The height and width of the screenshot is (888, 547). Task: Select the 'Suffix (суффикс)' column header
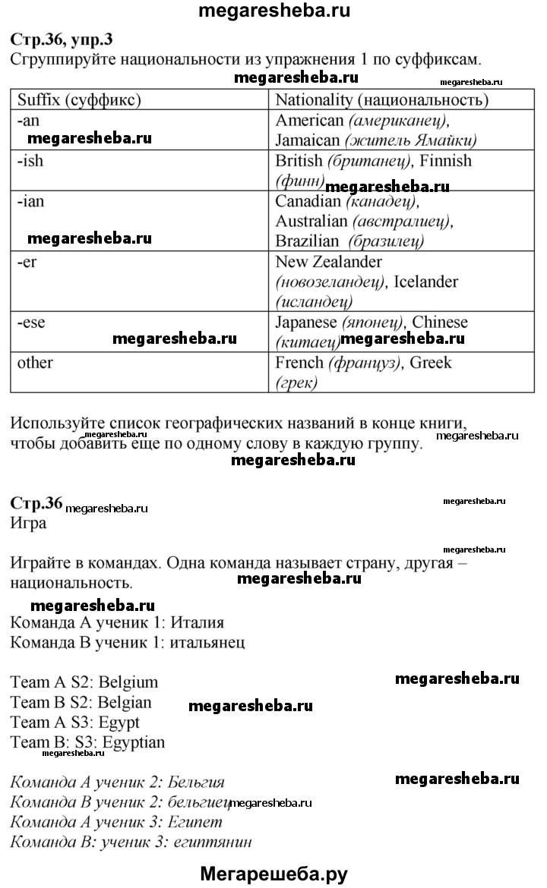80,99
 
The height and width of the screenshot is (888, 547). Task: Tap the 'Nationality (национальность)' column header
381,99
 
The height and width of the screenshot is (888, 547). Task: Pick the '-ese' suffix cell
31,322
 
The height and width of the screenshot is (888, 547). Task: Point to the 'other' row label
35,362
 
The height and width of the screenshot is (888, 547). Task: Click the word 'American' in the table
308,120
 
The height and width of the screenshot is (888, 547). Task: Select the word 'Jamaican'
307,140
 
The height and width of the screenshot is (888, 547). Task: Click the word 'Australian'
311,221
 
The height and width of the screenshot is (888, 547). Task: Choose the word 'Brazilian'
307,241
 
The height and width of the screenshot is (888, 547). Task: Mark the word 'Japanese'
307,322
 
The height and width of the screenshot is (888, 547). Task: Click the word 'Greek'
430,362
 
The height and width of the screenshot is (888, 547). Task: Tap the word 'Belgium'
128,682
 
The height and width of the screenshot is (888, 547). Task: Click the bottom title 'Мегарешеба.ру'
273,873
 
